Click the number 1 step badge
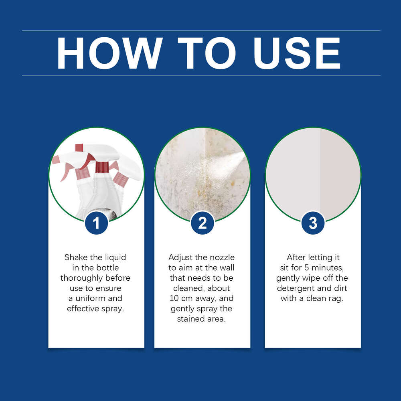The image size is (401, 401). coord(96,223)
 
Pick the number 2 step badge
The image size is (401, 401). coord(203,223)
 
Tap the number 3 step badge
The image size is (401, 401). coord(313,223)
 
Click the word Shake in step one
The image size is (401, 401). coord(76,257)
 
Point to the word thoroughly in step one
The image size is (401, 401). coord(84,278)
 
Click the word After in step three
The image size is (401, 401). coord(297,257)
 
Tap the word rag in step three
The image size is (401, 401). coord(337,298)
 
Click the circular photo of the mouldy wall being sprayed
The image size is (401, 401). coord(203,174)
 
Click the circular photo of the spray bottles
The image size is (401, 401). coord(96,174)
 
